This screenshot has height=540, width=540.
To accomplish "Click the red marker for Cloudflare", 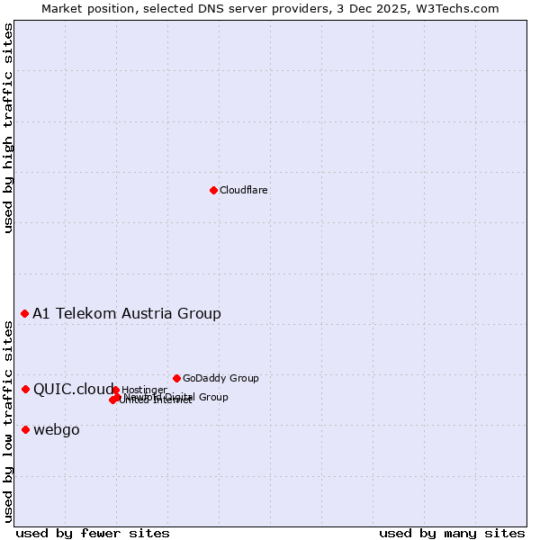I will pos(213,190).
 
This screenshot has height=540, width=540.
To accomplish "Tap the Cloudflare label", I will pos(244,191).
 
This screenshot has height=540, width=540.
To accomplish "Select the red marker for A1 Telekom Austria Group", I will pos(25,313).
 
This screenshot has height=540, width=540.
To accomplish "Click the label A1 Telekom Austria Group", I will pos(127,314).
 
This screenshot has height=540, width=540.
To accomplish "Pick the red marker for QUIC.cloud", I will pos(25,389).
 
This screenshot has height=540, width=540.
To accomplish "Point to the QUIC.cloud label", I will pos(74,390).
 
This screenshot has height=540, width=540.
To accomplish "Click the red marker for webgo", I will pos(25,429).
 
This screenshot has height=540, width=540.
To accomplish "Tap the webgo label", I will pos(57,430).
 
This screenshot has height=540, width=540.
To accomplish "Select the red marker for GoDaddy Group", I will pos(176,378).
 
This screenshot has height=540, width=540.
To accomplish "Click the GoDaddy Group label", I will pos(220,379).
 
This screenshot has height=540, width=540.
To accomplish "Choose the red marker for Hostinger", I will pos(116,390).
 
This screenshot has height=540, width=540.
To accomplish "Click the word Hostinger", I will pos(145,390).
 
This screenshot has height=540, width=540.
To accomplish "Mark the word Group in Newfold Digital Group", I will pos(213,397).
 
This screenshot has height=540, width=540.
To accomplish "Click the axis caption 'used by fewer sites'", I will pos(93,534).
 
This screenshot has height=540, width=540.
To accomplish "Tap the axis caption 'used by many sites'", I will pos(452,534).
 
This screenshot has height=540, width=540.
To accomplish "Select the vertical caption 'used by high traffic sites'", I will pos(8,128).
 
